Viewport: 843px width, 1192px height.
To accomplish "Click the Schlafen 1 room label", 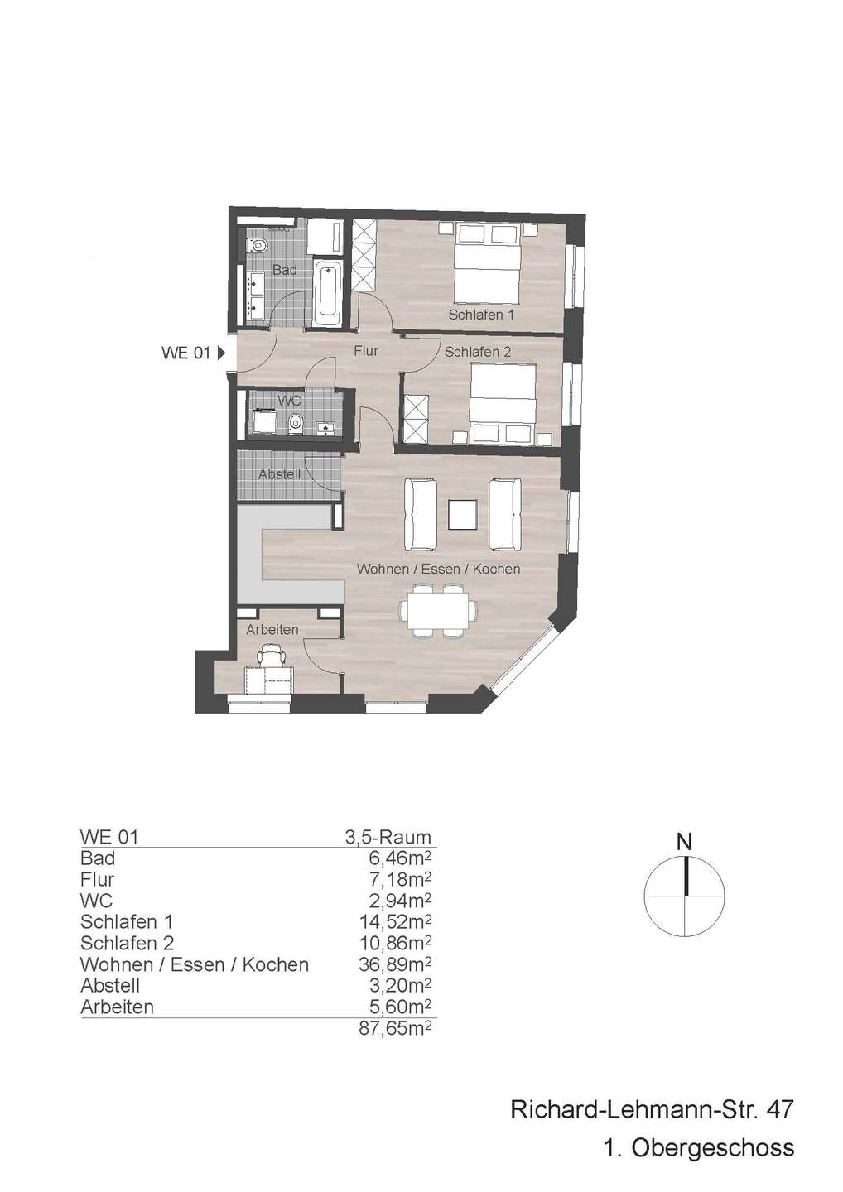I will click(x=481, y=315).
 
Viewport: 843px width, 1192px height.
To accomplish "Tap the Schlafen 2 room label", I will click(x=478, y=352).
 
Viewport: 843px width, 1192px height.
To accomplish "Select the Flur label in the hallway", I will click(x=366, y=351).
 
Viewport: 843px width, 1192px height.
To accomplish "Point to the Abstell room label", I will click(x=279, y=474).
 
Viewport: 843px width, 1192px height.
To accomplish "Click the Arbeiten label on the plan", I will click(x=272, y=629).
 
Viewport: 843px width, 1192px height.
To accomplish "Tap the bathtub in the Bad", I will click(x=326, y=294).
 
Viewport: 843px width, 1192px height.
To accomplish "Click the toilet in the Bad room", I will click(x=257, y=244).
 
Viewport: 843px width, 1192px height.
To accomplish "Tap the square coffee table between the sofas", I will click(x=463, y=515).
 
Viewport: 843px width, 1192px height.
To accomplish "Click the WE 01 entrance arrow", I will click(x=221, y=353).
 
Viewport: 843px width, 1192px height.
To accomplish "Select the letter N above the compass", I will click(x=684, y=843).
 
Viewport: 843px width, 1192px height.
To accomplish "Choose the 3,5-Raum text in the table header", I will click(x=388, y=837).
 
